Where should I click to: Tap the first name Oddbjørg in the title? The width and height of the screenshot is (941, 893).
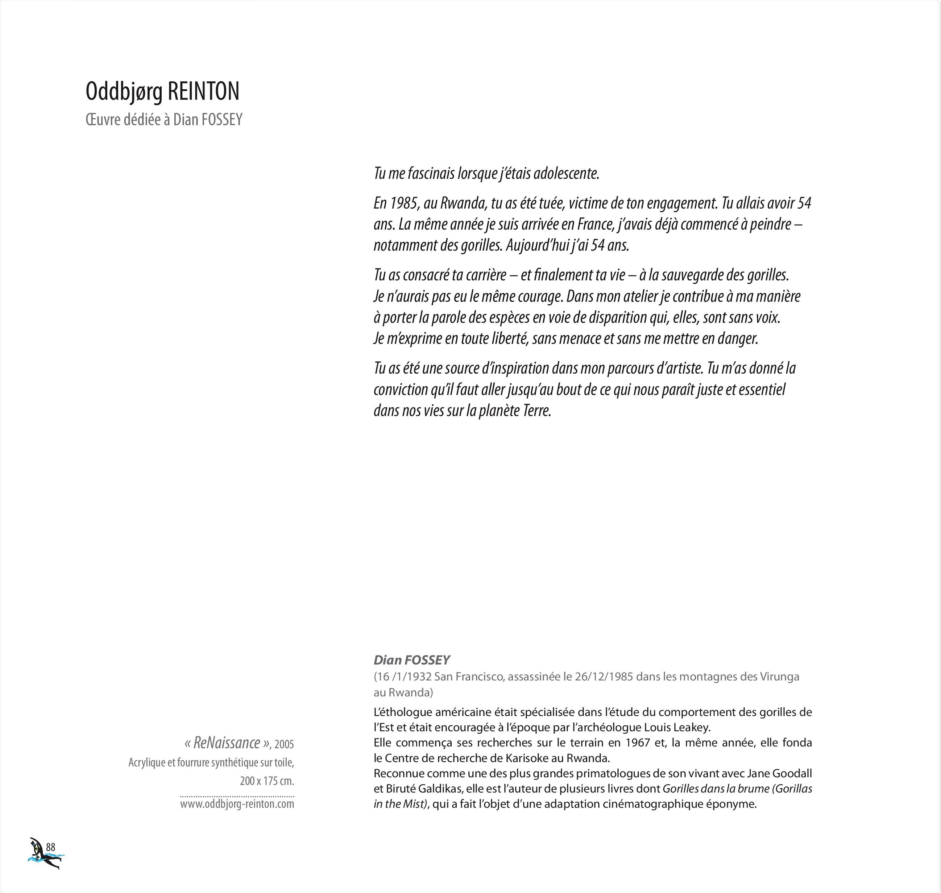coord(124,91)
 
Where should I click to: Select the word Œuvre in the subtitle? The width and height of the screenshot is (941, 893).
coord(103,119)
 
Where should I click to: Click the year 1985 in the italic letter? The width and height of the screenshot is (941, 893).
coord(405,203)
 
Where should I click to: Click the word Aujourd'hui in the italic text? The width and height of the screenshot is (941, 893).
coord(539,246)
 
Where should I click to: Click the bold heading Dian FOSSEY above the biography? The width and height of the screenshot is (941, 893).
coord(411,660)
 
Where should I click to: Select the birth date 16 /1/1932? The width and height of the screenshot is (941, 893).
coord(404,676)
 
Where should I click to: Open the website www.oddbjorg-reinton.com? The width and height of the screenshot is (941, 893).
coord(237,804)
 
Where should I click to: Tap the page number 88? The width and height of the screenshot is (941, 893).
coord(51,847)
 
